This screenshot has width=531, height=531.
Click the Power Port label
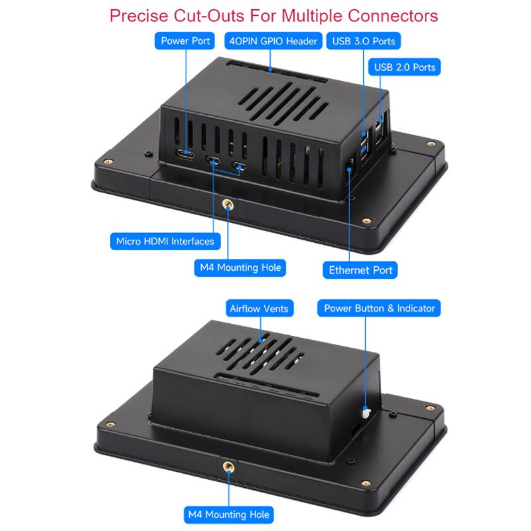[x=185, y=40]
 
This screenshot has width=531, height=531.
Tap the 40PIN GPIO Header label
[x=273, y=40]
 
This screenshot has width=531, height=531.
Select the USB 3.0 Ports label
[x=363, y=40]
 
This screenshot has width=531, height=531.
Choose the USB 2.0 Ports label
[x=404, y=67]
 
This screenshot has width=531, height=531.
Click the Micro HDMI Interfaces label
[x=165, y=241]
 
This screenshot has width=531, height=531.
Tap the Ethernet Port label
[x=360, y=270]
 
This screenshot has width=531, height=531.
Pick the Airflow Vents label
[x=260, y=308]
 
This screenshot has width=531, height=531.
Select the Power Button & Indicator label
[x=379, y=308]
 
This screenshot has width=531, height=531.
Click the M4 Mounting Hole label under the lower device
[x=228, y=514]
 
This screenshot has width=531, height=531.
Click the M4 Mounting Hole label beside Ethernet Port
[x=240, y=267]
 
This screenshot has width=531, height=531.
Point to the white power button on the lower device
[x=366, y=413]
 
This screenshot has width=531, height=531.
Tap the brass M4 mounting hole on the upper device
[x=228, y=204]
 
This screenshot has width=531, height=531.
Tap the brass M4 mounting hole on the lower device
[x=228, y=467]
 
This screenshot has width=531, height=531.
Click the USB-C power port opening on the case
[x=185, y=154]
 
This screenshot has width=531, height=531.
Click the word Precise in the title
[x=139, y=16]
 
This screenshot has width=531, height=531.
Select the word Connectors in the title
[x=393, y=16]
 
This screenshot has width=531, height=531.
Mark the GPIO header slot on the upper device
[x=277, y=72]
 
